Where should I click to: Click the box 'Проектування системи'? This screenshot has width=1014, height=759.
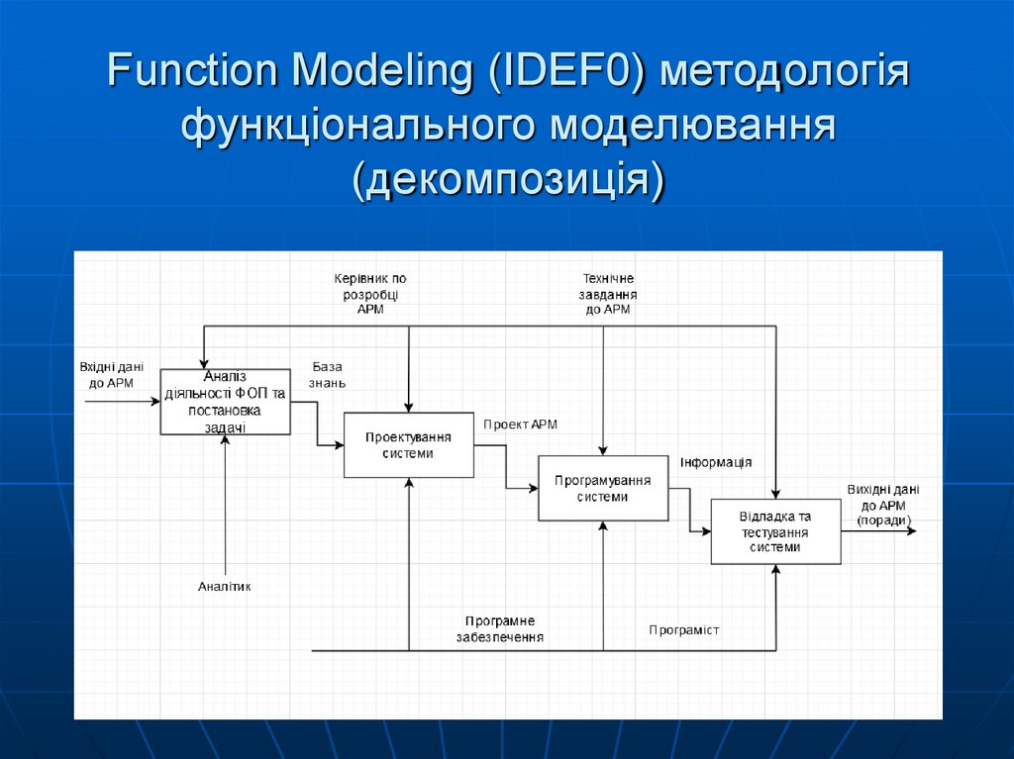[408, 445]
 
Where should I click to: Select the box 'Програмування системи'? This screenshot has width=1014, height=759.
[602, 488]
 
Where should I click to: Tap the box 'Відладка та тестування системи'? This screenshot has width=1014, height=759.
[775, 531]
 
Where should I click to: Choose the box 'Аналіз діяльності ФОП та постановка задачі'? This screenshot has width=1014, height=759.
[226, 401]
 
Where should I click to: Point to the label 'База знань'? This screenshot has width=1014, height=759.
[328, 374]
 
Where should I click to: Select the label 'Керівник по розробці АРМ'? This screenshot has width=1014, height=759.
[370, 294]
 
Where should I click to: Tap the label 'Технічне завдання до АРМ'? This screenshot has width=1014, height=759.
[608, 294]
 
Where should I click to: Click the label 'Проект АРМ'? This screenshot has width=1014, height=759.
[521, 425]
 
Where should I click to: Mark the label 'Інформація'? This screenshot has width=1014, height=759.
[716, 462]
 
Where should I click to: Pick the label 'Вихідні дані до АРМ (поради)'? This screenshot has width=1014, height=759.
[884, 505]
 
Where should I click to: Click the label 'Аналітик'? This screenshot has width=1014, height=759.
[225, 587]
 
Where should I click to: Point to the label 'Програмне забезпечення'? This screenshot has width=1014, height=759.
[500, 629]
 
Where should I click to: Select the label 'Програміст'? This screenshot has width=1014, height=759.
[684, 629]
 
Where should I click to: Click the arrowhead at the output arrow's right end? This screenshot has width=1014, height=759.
[911, 531]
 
